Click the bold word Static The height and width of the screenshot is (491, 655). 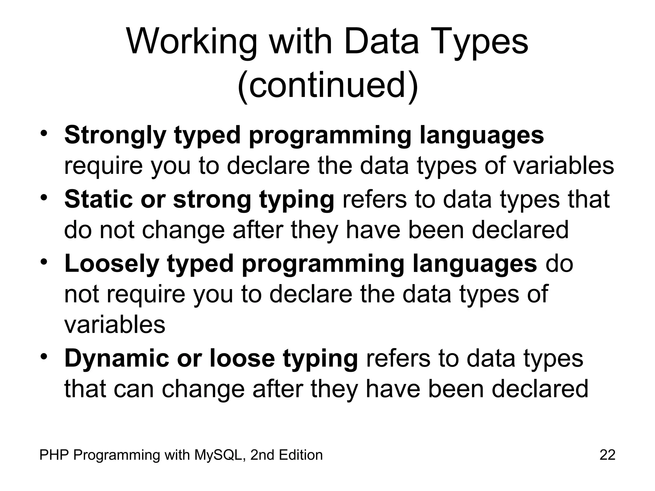point(98,199)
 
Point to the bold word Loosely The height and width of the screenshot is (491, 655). point(112,264)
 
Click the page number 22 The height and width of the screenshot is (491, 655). point(607,455)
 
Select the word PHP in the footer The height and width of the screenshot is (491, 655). point(54,455)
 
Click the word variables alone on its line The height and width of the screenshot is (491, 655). point(115,325)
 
